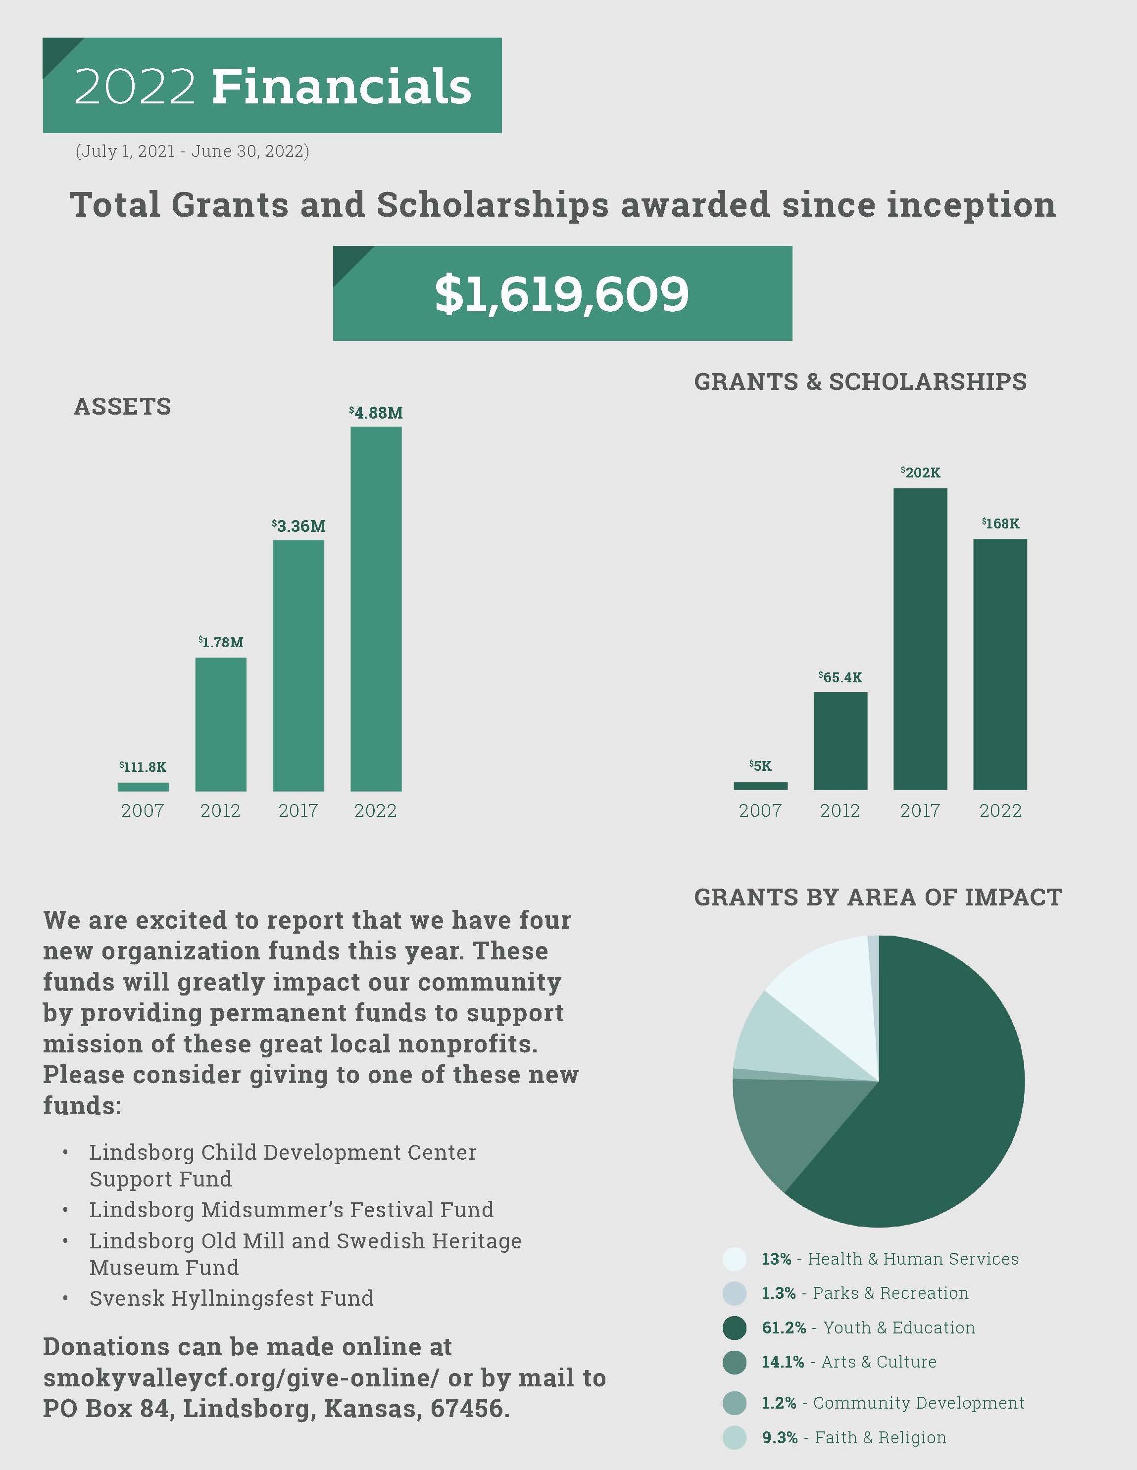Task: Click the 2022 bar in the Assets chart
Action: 376,609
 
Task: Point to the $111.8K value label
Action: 143,766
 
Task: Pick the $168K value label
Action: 1000,523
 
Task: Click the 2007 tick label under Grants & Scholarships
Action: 760,810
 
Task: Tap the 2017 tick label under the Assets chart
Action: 298,810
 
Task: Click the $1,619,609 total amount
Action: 562,294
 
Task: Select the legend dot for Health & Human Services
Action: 735,1259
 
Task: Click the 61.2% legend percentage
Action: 784,1328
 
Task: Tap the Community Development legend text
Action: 918,1403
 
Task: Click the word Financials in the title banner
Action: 342,86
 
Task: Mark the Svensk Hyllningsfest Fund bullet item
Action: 231,1298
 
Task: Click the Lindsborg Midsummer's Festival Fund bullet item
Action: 292,1210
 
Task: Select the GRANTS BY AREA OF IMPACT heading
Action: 878,897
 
